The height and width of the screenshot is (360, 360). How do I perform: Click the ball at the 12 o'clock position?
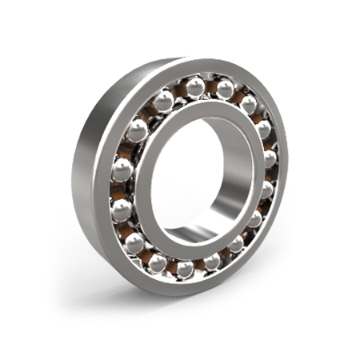tap(196, 86)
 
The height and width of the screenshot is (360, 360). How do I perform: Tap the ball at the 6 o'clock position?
tap(185, 269)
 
